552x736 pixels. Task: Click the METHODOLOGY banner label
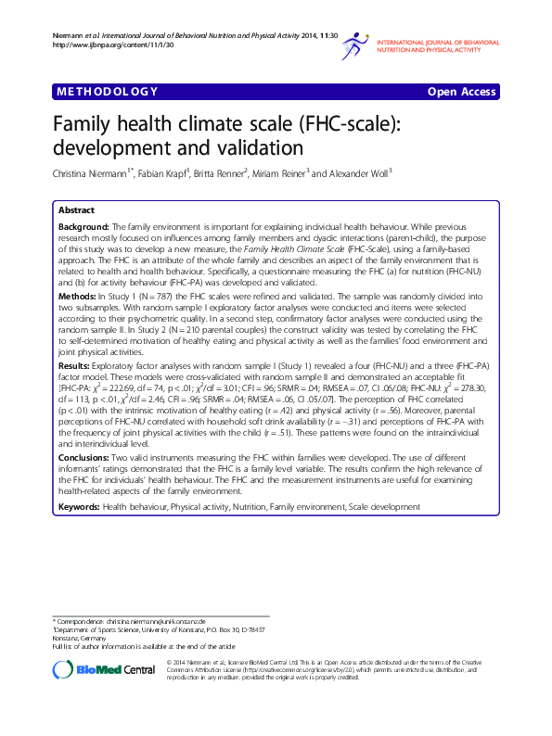coord(108,91)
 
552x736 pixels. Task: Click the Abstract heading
coord(76,210)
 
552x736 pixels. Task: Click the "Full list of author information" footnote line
coord(144,645)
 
